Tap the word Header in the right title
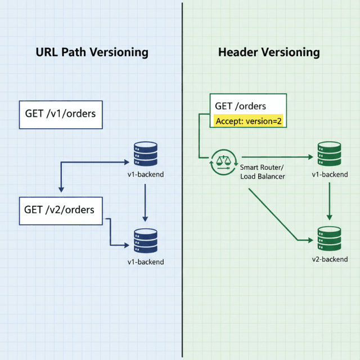point(237,53)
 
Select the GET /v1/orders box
point(61,114)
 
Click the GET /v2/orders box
point(61,210)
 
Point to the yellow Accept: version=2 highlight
point(248,121)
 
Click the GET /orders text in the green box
point(241,106)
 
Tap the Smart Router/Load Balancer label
point(262,172)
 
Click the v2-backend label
point(330,259)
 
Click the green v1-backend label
point(330,174)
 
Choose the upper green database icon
point(330,154)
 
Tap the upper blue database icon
point(146,154)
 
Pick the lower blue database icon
point(146,241)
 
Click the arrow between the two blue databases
point(146,201)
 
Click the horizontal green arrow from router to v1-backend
point(276,157)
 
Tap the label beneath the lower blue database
point(146,262)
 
